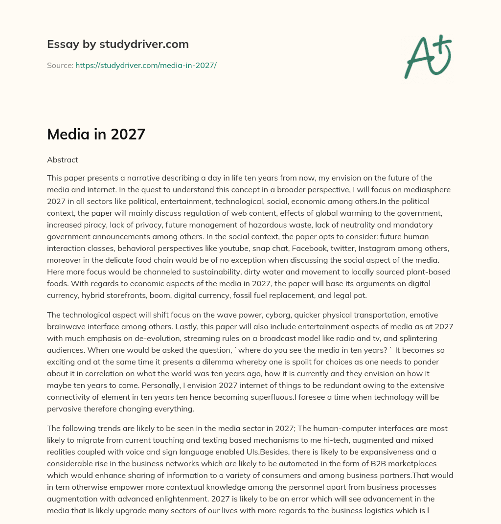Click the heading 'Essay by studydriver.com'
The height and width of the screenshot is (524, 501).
[118, 44]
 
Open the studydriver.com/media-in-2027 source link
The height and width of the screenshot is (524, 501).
[146, 65]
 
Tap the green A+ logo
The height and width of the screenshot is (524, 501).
[428, 56]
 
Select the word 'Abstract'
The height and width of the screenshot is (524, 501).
[63, 159]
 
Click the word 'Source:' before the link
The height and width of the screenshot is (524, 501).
[60, 65]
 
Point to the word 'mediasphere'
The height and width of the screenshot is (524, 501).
[425, 189]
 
